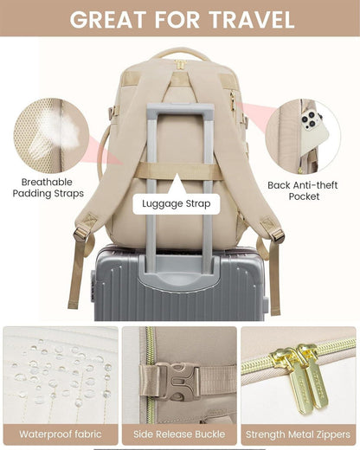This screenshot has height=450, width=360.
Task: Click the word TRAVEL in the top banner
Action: pyautogui.click(x=251, y=20)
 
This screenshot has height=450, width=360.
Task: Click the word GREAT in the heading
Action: pyautogui.click(x=106, y=20)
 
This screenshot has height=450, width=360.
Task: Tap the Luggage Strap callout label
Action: pyautogui.click(x=177, y=203)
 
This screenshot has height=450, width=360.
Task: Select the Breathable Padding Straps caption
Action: pyautogui.click(x=48, y=188)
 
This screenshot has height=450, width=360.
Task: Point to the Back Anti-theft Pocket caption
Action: pyautogui.click(x=303, y=190)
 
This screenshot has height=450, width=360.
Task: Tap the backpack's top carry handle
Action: pyautogui.click(x=181, y=54)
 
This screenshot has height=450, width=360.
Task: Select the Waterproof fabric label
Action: pyautogui.click(x=61, y=434)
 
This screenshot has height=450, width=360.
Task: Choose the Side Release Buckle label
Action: pyautogui.click(x=179, y=434)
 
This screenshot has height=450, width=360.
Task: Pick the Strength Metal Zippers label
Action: pyautogui.click(x=299, y=434)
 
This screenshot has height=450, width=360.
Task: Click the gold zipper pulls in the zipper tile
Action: pyautogui.click(x=300, y=375)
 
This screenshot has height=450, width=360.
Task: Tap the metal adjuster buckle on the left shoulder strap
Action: pyautogui.click(x=80, y=234)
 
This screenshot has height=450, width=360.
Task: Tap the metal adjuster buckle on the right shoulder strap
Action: pyautogui.click(x=277, y=235)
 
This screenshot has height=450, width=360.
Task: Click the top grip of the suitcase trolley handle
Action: pyautogui.click(x=181, y=111)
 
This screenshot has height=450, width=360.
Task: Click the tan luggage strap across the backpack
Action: pyautogui.click(x=180, y=171)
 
